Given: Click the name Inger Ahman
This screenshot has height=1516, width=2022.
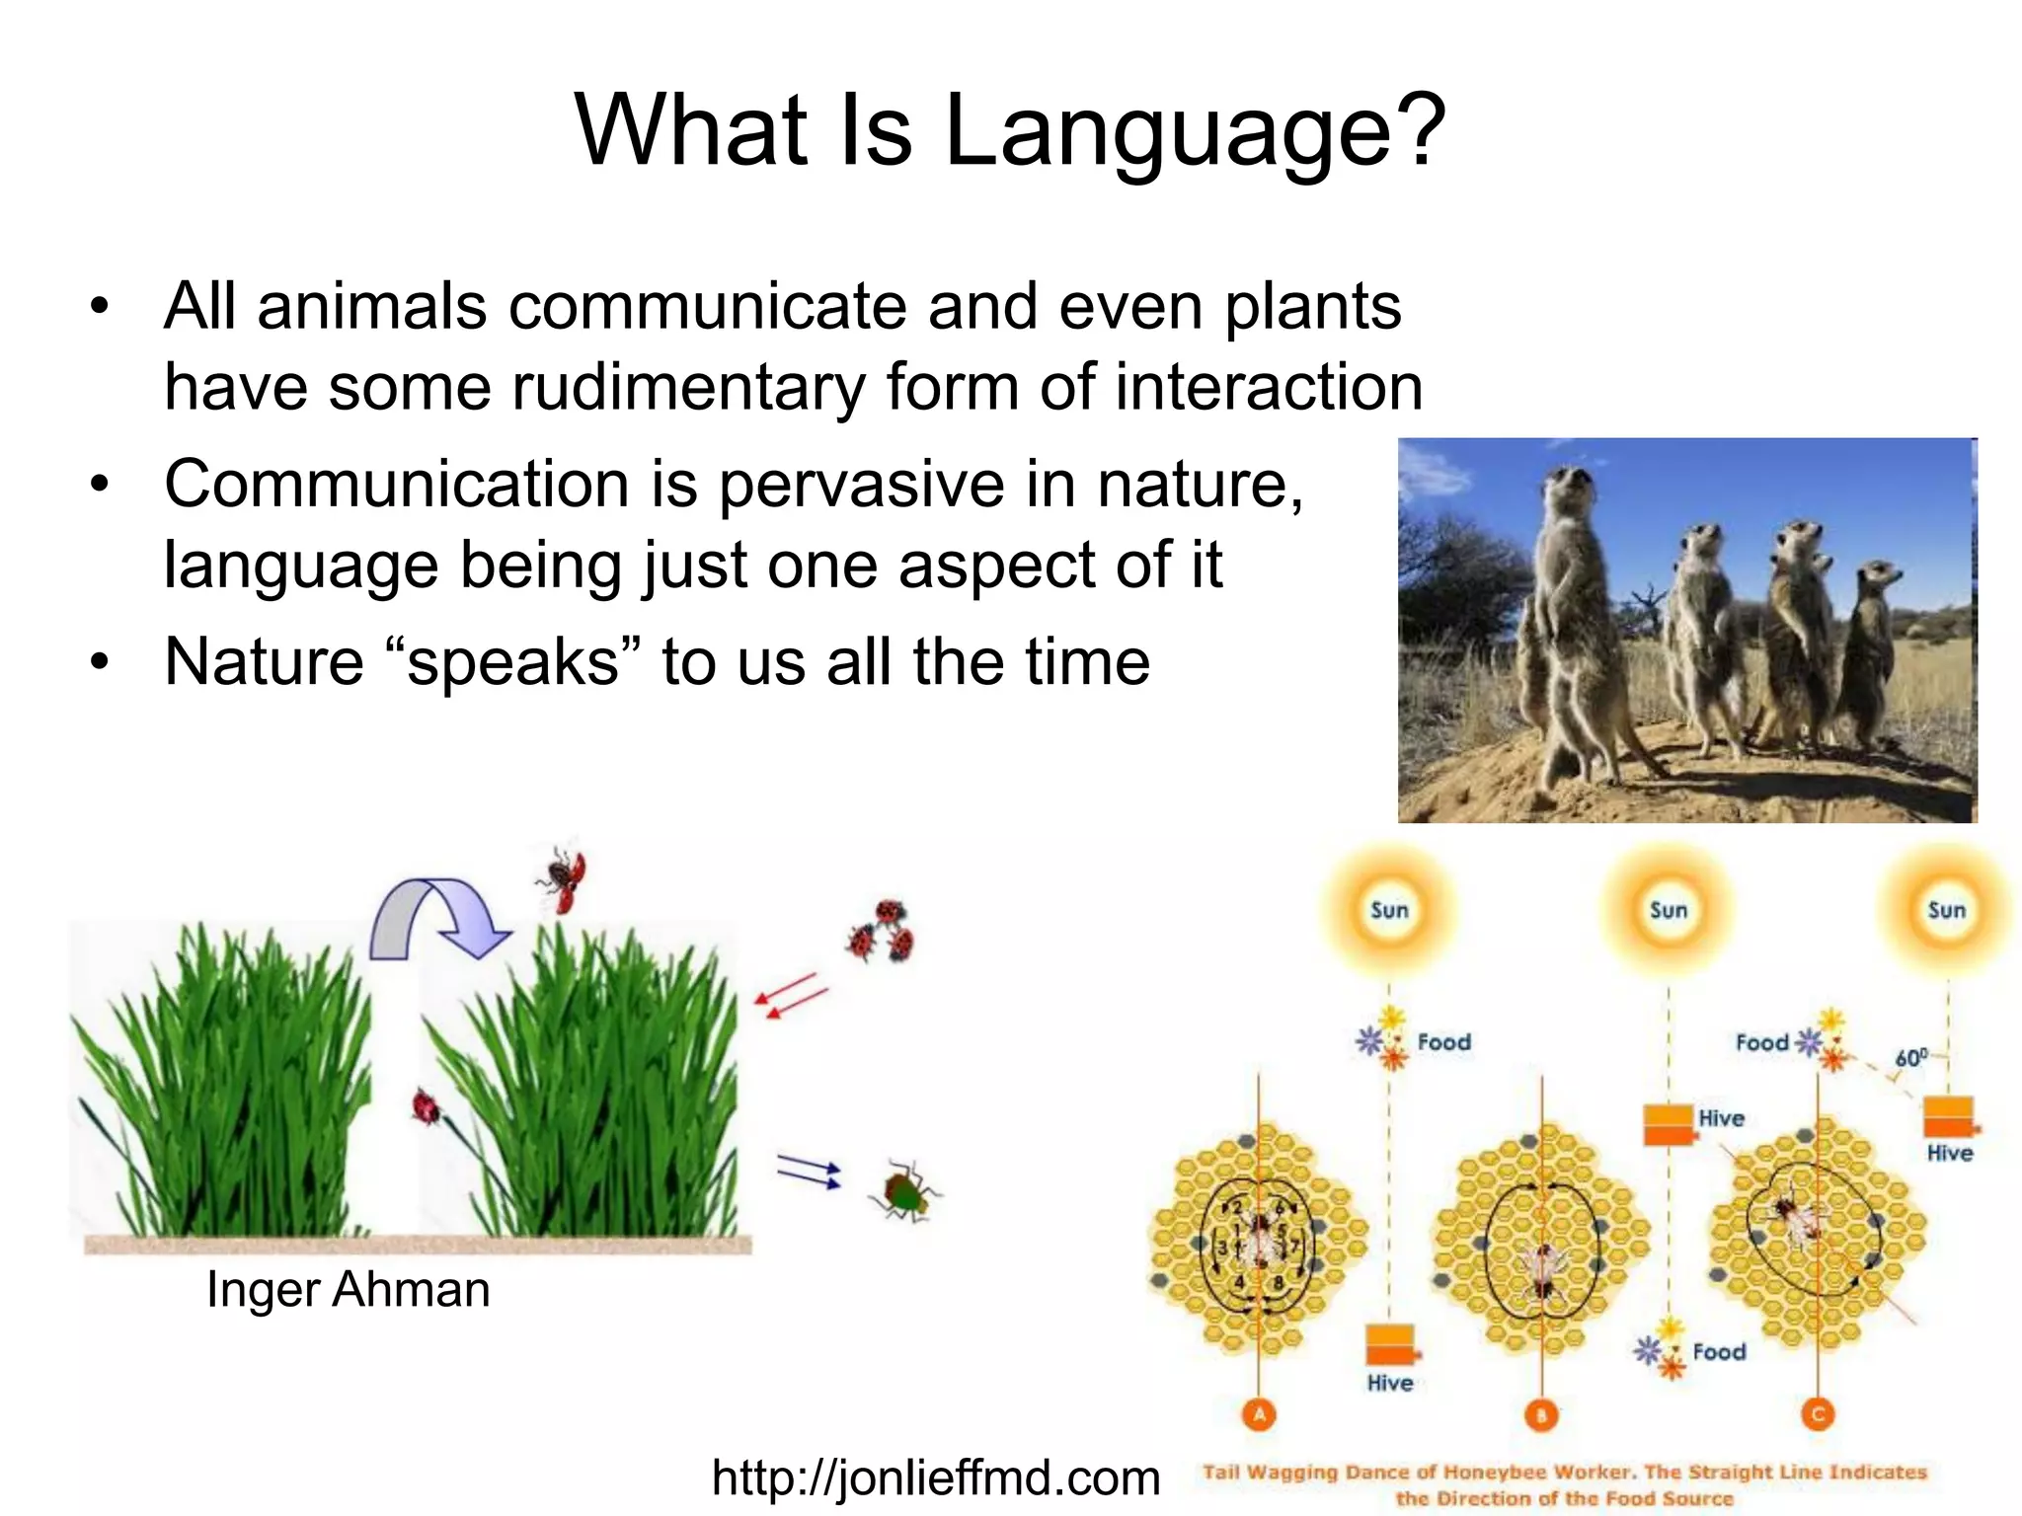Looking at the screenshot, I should point(348,1290).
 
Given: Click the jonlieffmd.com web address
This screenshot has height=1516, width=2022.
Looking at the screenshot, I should point(935,1478).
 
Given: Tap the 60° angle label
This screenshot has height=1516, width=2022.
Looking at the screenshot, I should point(1910,1058).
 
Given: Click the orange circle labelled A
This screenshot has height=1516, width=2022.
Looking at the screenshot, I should point(1259,1415).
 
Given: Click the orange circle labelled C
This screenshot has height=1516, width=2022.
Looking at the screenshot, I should point(1818,1415).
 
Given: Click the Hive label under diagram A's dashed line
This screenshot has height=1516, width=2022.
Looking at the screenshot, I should point(1389,1384).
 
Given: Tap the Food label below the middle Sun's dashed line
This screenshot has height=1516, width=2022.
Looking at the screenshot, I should point(1718,1352).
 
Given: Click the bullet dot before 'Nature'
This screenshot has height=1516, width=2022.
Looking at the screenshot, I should point(99,661).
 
